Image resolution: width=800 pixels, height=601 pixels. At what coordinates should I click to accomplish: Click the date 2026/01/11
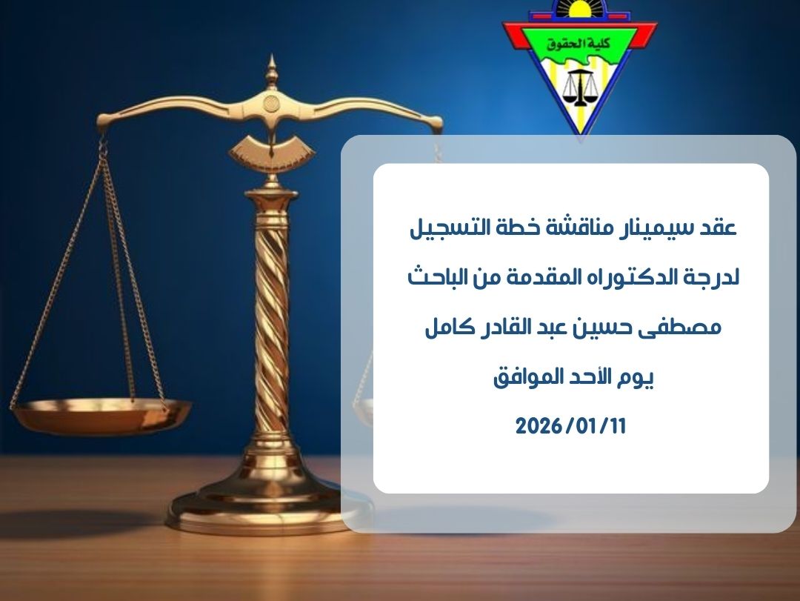click(570, 426)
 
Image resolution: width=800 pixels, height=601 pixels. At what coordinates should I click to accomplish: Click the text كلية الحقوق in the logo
click(579, 44)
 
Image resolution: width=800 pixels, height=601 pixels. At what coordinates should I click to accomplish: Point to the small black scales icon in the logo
click(581, 88)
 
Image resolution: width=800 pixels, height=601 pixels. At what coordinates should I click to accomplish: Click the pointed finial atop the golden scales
click(271, 71)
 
